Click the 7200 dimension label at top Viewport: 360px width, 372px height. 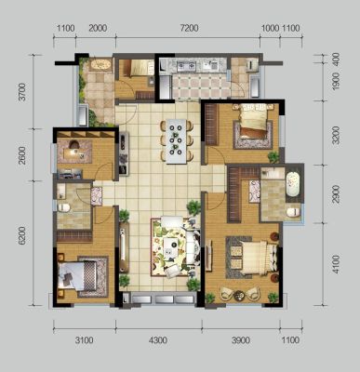[189, 28]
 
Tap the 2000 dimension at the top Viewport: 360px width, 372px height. [98, 28]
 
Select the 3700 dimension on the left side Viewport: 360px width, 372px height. [22, 92]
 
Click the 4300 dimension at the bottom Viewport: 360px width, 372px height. [158, 340]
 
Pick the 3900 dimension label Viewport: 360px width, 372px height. [241, 340]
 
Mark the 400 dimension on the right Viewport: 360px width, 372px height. [336, 59]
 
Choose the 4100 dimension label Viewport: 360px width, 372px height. [336, 264]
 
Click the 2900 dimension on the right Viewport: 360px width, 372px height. [336, 194]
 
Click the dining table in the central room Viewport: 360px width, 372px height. [177, 141]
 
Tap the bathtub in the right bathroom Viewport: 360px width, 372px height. [292, 184]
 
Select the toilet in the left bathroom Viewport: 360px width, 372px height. [64, 207]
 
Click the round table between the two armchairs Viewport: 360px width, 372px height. [239, 295]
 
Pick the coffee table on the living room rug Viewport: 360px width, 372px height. [171, 246]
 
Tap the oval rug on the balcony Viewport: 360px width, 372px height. [100, 65]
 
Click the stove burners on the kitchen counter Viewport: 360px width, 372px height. [186, 65]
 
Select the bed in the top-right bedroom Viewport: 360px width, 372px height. [254, 121]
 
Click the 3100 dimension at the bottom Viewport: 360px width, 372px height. [84, 340]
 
